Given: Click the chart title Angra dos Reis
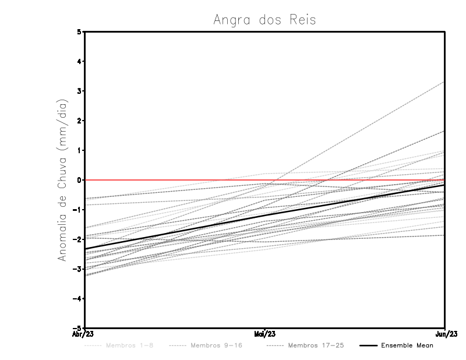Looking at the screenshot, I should click(264, 20).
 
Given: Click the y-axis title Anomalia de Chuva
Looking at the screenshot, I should click(62, 179).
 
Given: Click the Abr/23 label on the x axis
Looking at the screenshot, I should click(83, 334).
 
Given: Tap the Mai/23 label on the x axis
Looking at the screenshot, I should click(265, 334).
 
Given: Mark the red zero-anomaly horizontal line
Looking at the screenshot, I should click(175, 180).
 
